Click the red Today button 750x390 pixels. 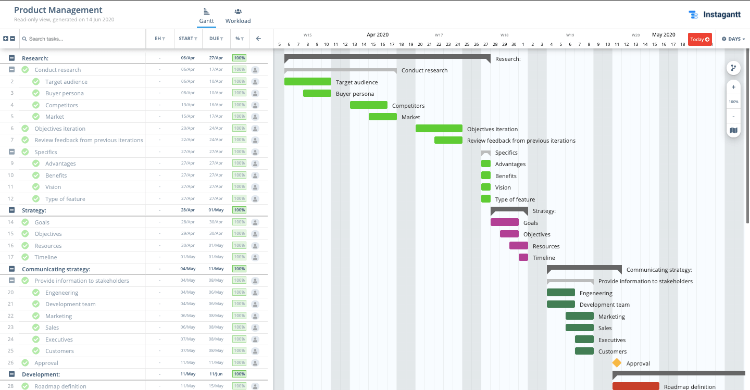point(699,39)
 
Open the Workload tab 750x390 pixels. point(238,16)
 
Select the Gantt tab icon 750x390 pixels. point(206,11)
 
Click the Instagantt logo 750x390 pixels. point(714,15)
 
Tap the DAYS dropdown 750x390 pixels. point(733,39)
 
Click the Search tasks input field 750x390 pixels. point(83,39)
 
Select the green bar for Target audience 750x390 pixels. point(307,82)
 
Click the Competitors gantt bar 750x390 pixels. point(368,105)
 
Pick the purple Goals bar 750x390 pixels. point(504,222)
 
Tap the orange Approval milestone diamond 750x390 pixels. point(617,363)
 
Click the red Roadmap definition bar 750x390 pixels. point(635,386)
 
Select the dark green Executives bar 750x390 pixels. point(584,339)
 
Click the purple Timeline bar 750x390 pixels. point(523,257)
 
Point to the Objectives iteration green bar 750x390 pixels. point(439,129)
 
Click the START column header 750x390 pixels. point(187,39)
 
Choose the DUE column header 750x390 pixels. point(216,39)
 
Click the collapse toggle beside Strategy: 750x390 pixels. point(11,210)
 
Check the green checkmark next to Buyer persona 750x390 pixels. point(36,93)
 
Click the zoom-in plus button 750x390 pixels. point(733,87)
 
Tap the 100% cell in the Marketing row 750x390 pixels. point(239,316)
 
